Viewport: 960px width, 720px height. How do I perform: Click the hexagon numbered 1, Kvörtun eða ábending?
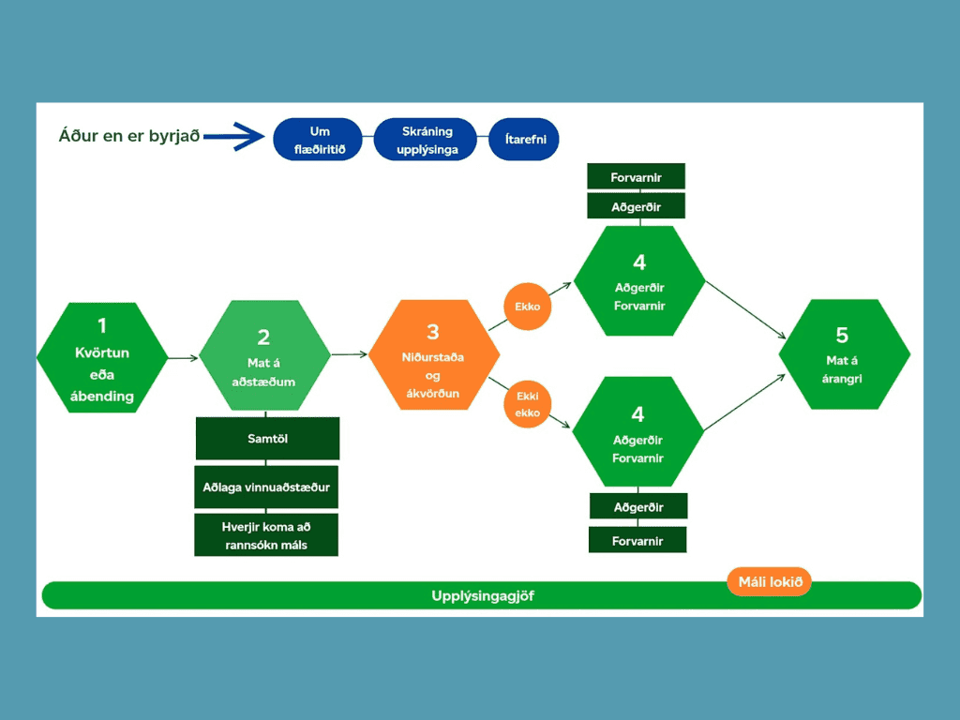coord(102,358)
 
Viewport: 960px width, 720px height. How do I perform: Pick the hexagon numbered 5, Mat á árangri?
coord(844,354)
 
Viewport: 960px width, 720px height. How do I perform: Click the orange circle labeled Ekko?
coord(528,307)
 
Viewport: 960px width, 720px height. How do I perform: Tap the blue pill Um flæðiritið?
coord(319,140)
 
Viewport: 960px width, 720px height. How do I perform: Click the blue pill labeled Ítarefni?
coord(524,140)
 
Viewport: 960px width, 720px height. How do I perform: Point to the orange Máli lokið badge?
coord(770,582)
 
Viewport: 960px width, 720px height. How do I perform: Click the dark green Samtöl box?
coord(267,439)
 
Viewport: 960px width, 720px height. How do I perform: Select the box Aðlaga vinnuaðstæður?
coord(267,487)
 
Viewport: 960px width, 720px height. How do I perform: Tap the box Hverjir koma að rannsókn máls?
coord(266,535)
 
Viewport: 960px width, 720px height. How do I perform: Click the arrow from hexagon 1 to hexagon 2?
coord(184,357)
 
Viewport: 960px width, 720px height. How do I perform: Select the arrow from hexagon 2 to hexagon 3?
coord(349,354)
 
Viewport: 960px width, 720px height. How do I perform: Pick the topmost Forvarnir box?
coord(637,175)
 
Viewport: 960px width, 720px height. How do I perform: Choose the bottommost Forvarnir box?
coord(637,540)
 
